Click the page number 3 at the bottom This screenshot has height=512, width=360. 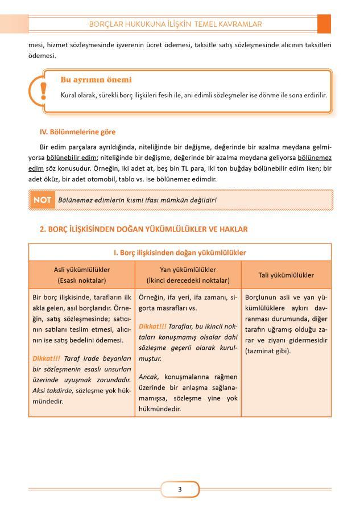click(x=180, y=489)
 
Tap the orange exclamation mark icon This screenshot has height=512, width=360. click(x=43, y=90)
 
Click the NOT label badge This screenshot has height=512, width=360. click(x=43, y=200)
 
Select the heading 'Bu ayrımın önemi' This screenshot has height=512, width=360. click(x=96, y=80)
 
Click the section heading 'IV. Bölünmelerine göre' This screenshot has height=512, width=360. click(x=77, y=131)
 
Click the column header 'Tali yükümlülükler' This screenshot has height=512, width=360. click(x=287, y=275)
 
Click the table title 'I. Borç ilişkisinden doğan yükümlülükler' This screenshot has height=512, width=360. click(x=180, y=252)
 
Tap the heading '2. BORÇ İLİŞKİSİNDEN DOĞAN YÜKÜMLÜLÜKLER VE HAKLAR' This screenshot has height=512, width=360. click(x=143, y=229)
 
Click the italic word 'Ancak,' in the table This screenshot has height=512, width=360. click(x=149, y=377)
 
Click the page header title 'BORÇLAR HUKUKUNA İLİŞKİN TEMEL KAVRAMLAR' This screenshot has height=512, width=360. click(x=180, y=24)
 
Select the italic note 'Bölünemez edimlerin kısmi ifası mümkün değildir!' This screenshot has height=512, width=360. click(x=137, y=200)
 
